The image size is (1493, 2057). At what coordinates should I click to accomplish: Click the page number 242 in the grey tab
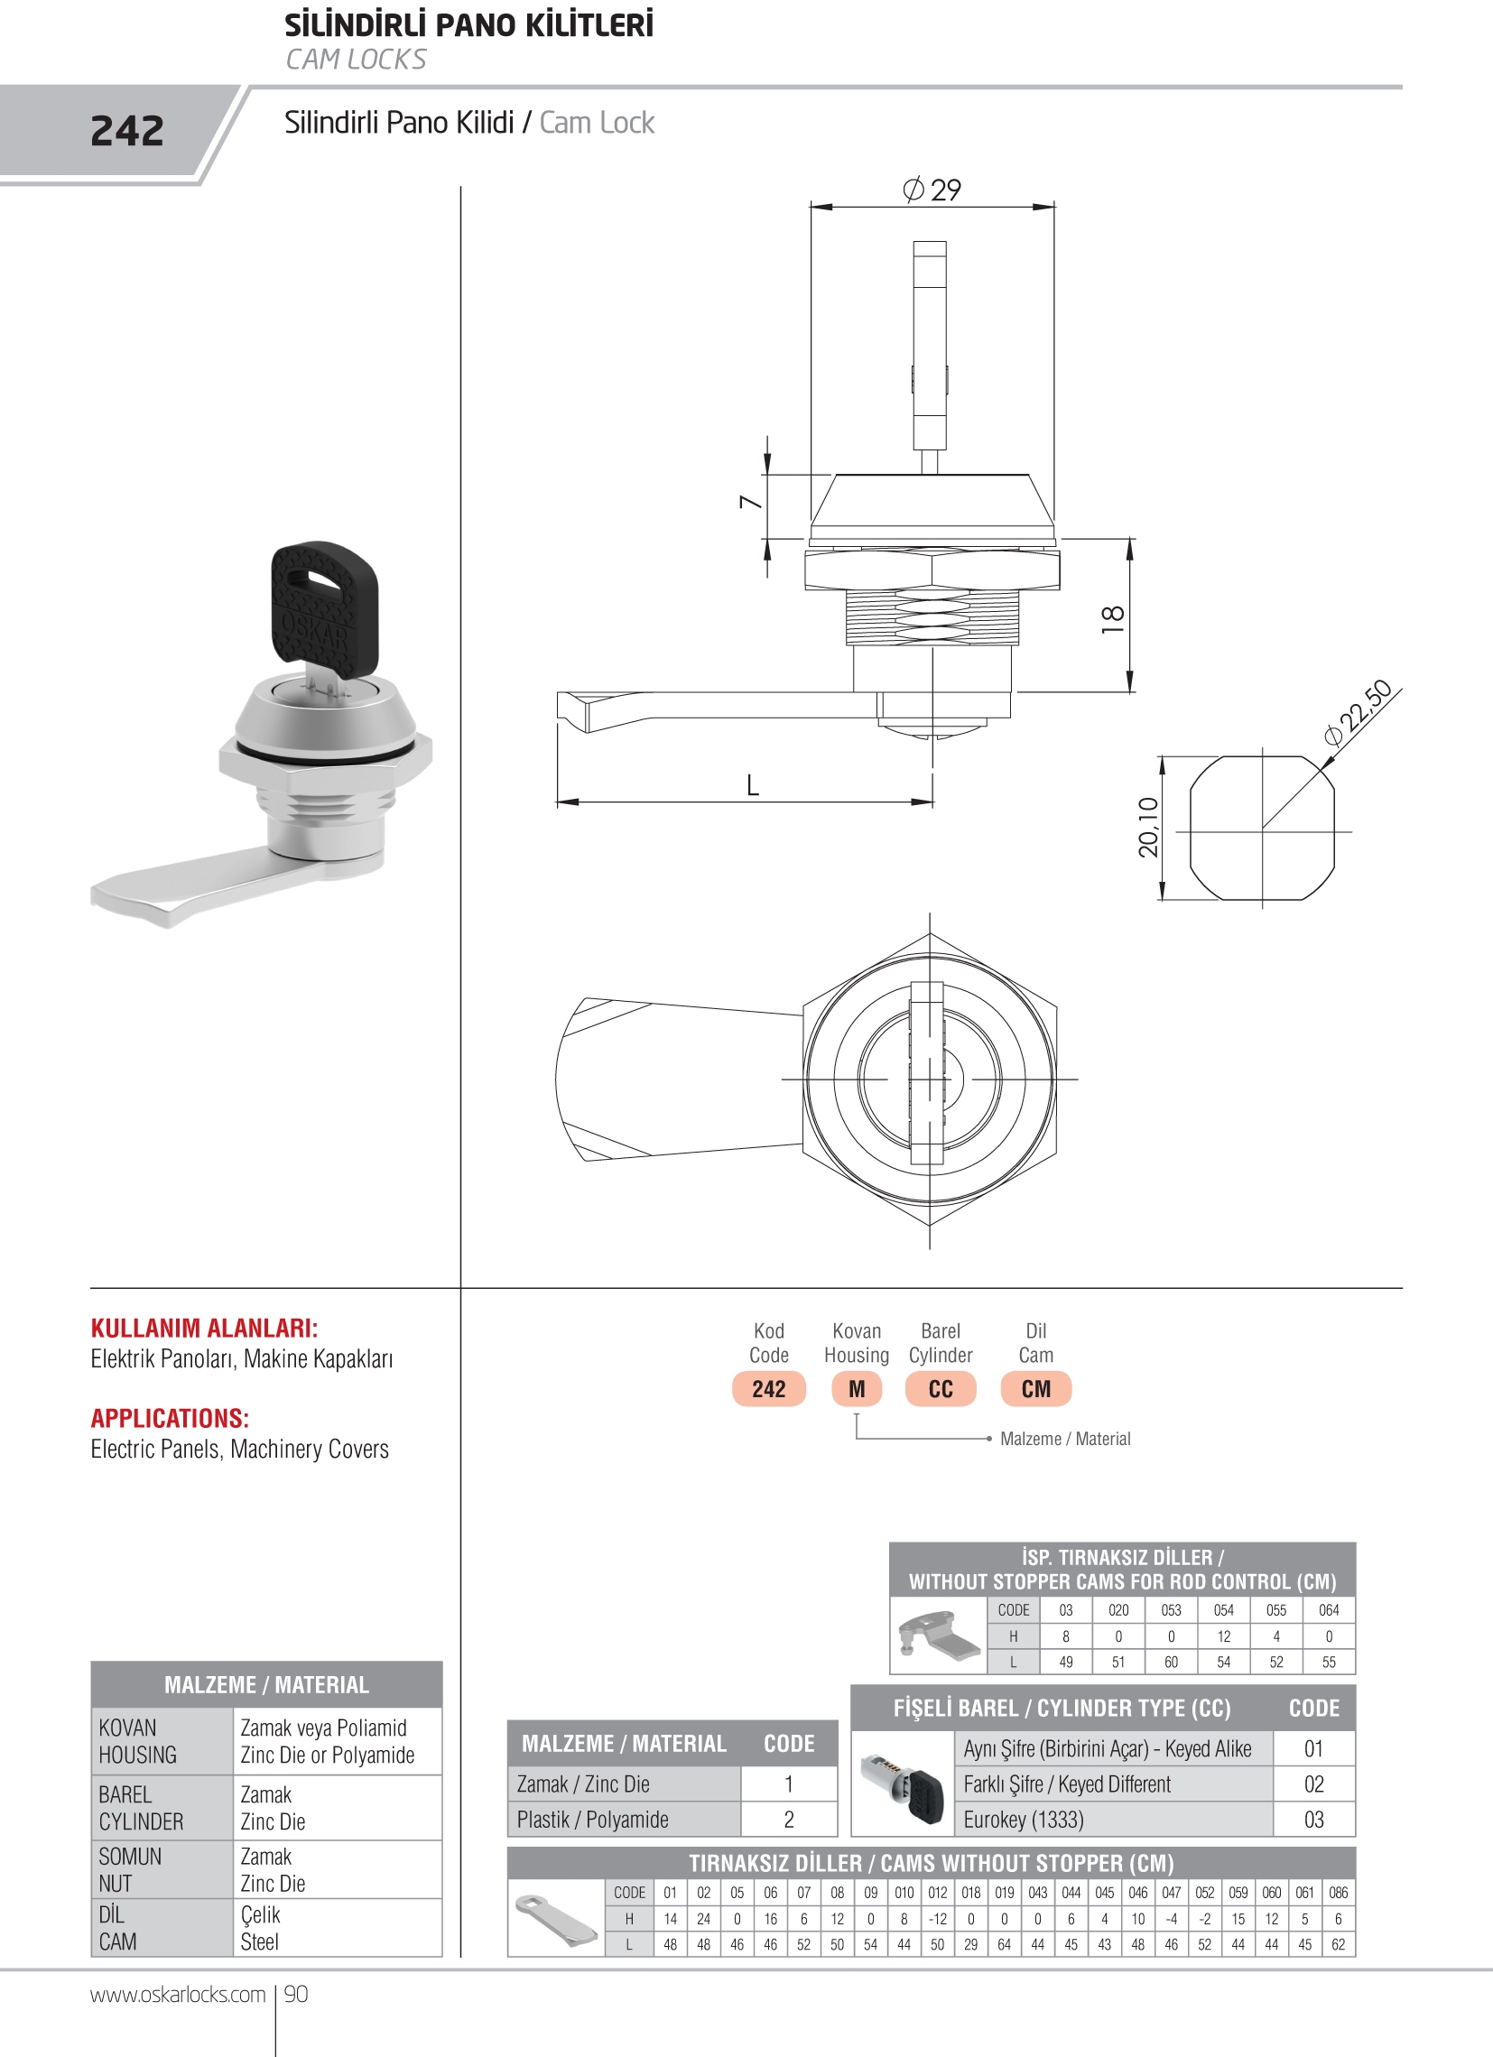[x=127, y=132]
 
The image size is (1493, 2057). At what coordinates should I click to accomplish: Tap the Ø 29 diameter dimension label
[x=932, y=190]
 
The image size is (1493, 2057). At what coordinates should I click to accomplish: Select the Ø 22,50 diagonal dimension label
[x=1358, y=713]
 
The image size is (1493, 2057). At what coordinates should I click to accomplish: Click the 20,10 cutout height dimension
[x=1148, y=827]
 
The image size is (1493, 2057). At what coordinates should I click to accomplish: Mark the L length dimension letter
[x=753, y=785]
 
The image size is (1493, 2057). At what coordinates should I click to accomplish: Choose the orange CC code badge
[x=941, y=1388]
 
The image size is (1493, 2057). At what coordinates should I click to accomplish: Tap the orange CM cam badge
[x=1036, y=1388]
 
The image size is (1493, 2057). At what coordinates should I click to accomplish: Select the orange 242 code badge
[x=768, y=1388]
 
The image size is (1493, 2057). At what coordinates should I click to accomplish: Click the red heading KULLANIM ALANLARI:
[x=204, y=1329]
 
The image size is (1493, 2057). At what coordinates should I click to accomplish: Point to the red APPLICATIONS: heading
[x=170, y=1419]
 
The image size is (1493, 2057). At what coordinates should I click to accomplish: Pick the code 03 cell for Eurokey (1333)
[x=1313, y=1820]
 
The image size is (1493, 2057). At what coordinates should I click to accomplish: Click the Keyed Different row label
[x=1067, y=1785]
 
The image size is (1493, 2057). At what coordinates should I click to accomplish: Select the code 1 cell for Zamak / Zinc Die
[x=788, y=1784]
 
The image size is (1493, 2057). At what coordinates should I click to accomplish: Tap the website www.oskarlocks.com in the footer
[x=178, y=1995]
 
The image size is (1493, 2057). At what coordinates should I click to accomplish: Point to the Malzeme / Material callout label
[x=1065, y=1439]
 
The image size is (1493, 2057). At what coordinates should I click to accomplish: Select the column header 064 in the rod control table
[x=1329, y=1610]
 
